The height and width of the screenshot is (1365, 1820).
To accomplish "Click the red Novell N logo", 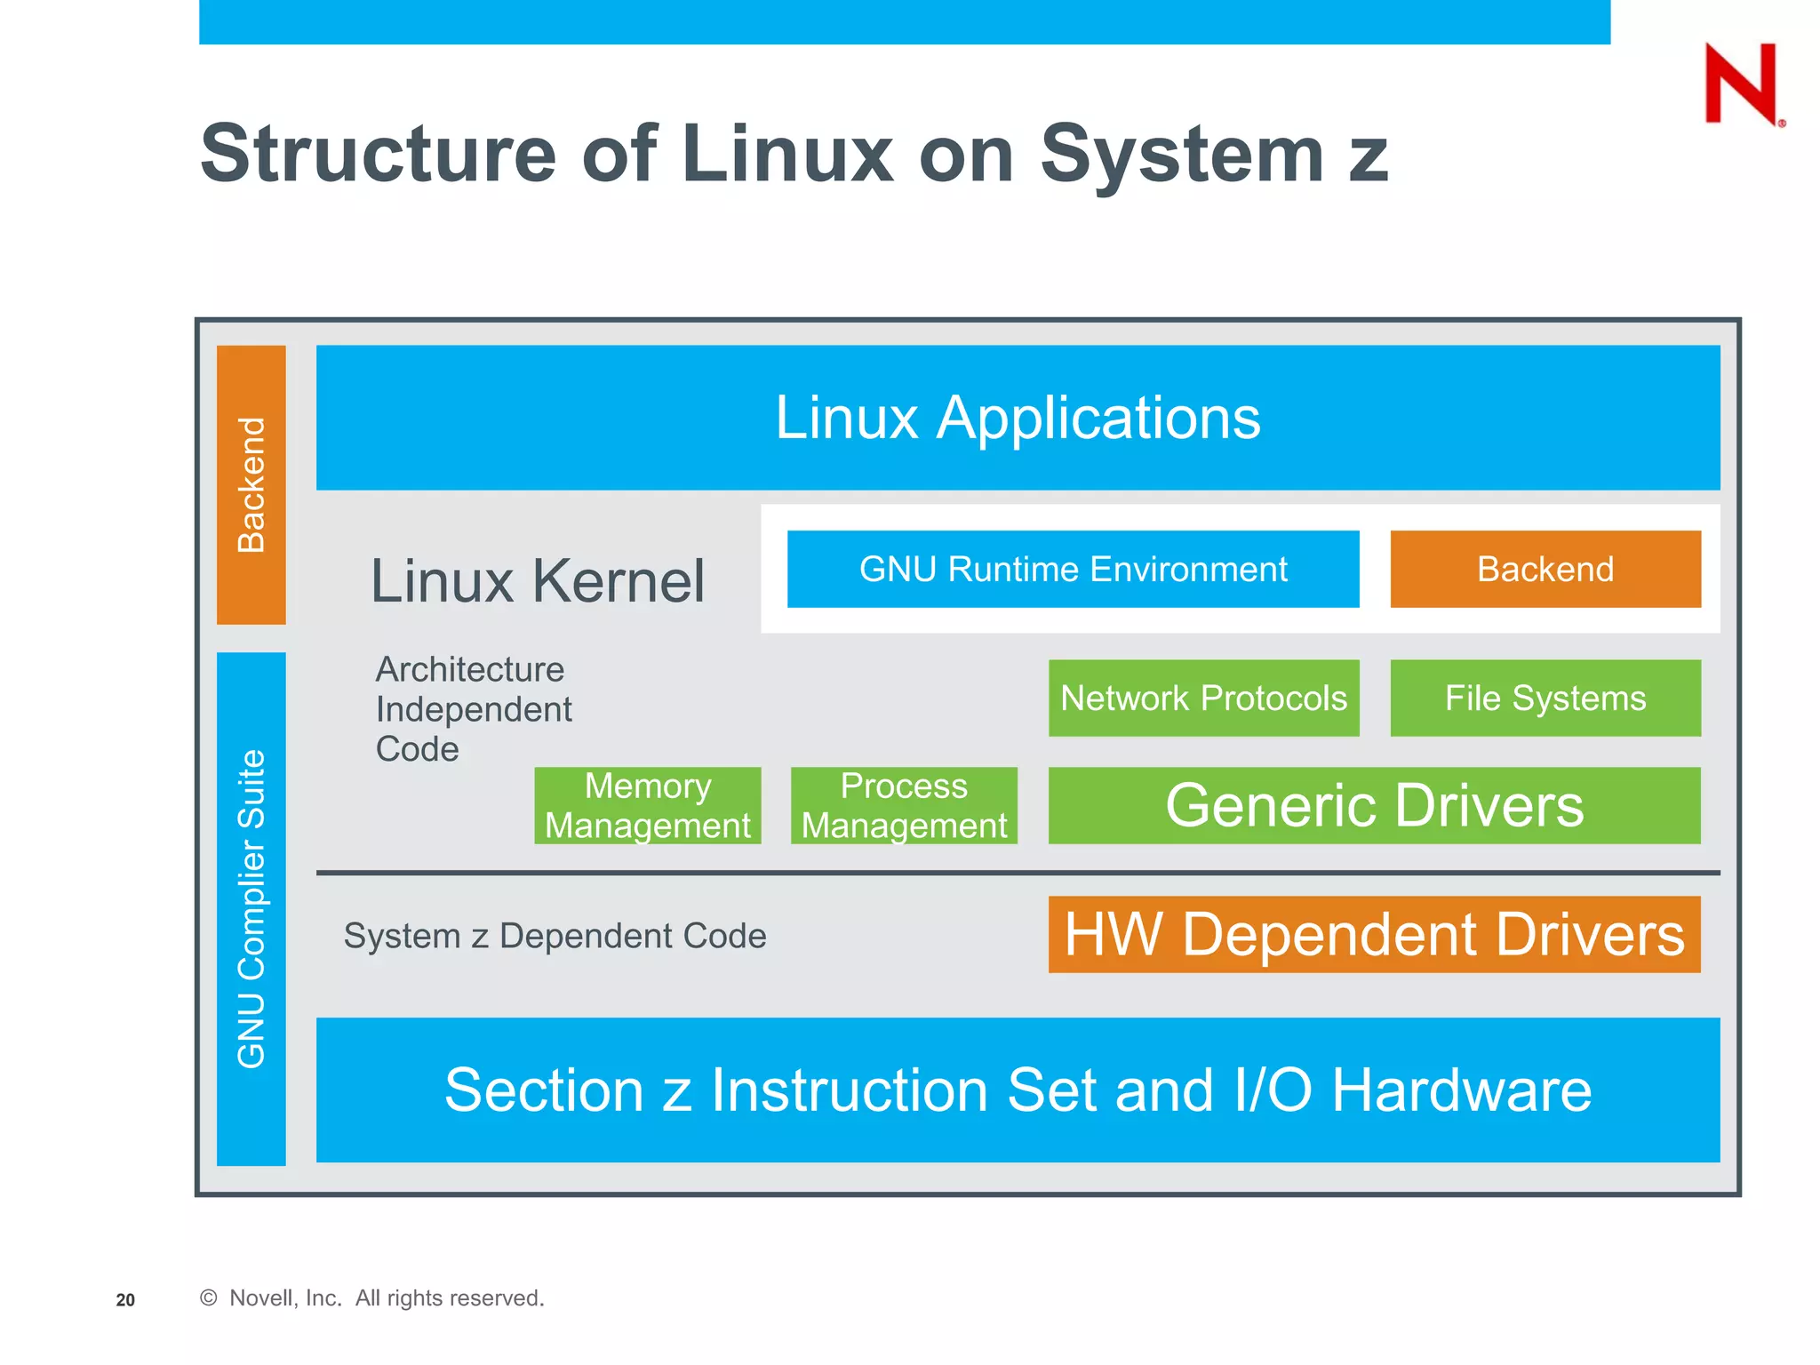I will click(1742, 84).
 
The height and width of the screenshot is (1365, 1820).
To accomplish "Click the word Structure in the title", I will click(378, 154).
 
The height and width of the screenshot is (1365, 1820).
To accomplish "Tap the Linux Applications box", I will click(1018, 418).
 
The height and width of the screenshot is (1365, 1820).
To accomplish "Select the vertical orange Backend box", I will click(251, 484).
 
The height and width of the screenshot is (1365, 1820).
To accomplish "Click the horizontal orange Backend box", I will click(1545, 569).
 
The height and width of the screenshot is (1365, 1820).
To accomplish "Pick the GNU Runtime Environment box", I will click(1073, 569).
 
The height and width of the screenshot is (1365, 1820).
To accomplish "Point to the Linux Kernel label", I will click(537, 581).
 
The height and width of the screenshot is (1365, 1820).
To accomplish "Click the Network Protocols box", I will click(1203, 698).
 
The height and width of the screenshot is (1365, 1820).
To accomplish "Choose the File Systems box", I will click(1545, 698).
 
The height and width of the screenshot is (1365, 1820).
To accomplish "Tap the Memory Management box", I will click(647, 805).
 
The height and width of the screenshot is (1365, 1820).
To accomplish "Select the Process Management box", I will click(904, 805).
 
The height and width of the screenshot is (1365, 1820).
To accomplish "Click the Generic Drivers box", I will click(1374, 805).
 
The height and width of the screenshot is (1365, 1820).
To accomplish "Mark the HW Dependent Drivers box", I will click(1374, 934).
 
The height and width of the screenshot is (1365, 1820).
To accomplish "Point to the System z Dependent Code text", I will click(555, 936).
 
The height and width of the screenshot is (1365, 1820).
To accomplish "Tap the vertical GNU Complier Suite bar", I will click(251, 908).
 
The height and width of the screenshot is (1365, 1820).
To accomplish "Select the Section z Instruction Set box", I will click(1018, 1090).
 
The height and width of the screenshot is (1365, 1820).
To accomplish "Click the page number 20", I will click(125, 1300).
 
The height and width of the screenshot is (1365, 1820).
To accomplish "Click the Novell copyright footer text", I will click(372, 1298).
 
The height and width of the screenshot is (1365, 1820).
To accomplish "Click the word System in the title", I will click(1182, 154).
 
